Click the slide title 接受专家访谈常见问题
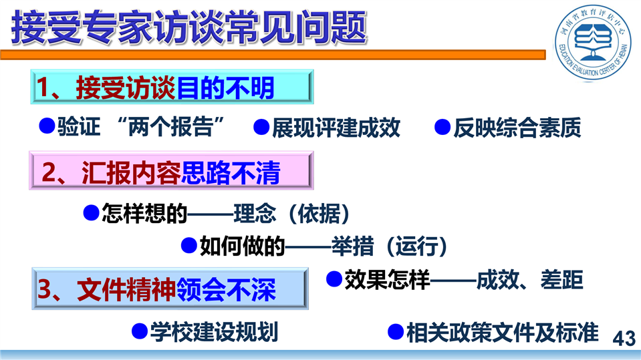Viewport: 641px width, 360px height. [x=189, y=27]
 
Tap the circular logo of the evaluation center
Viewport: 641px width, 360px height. [x=593, y=42]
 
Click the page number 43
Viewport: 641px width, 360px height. [x=624, y=339]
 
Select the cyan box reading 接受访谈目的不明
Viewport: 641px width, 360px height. [x=172, y=87]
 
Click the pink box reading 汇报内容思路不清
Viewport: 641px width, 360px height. [x=171, y=170]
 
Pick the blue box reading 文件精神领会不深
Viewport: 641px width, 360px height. [x=170, y=289]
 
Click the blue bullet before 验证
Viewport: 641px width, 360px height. [x=47, y=126]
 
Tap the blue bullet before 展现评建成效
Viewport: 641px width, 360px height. [x=261, y=127]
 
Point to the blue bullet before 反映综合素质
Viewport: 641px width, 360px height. [x=442, y=127]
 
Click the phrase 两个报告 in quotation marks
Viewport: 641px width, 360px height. [x=170, y=127]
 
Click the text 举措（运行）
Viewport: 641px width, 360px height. [x=389, y=246]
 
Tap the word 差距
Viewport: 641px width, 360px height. [x=561, y=280]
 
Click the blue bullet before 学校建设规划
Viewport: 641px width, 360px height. [x=140, y=331]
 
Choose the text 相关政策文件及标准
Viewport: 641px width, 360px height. [x=503, y=332]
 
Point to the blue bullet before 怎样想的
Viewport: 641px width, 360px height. [x=91, y=213]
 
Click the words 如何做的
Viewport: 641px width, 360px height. [x=242, y=246]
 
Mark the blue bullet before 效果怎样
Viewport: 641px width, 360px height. [x=334, y=279]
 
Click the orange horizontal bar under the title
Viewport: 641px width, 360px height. [x=273, y=55]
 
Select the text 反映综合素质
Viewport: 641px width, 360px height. [x=517, y=127]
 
